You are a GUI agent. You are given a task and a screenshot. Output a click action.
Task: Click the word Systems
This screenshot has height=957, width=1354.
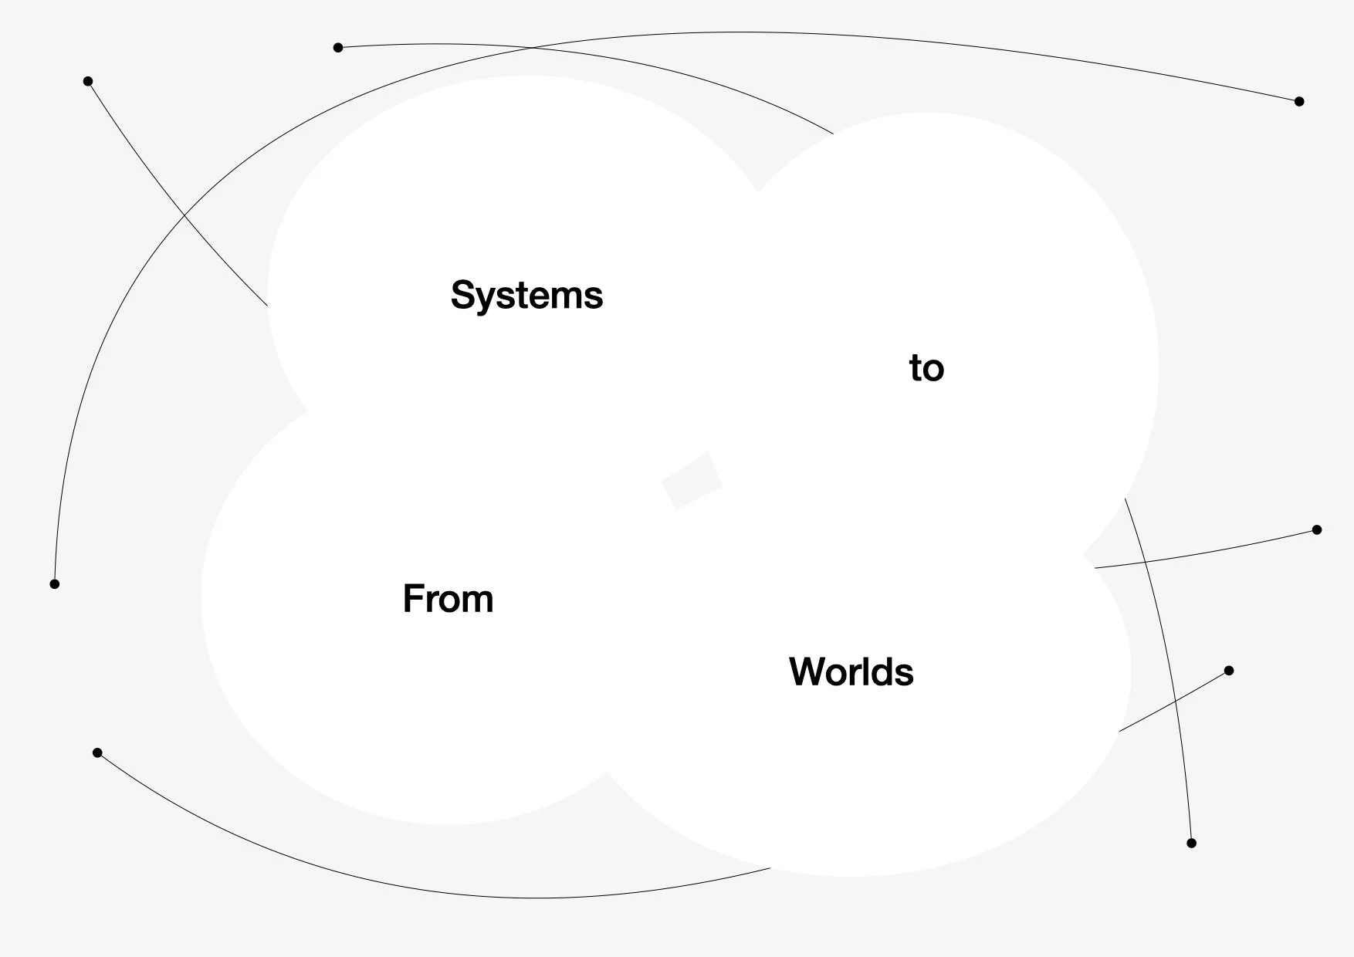[526, 296]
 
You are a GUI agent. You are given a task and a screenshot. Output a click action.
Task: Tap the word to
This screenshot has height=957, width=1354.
[926, 368]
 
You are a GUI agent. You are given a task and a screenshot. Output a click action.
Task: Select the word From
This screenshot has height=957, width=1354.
[448, 599]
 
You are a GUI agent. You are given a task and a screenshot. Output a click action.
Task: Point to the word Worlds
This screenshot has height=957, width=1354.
[851, 671]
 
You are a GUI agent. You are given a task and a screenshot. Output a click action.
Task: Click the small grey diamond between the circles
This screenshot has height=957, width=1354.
[692, 480]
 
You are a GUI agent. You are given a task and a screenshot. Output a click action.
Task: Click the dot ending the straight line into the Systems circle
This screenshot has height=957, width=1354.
[88, 81]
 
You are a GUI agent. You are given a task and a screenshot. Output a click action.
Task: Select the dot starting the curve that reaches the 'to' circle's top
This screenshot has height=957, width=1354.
[338, 48]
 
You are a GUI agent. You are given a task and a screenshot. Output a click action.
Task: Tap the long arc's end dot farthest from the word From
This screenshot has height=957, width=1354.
[1299, 101]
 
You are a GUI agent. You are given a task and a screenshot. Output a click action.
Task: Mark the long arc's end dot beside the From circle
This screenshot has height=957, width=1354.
[55, 583]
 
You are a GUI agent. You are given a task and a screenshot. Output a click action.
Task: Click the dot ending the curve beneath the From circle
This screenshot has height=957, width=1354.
[97, 752]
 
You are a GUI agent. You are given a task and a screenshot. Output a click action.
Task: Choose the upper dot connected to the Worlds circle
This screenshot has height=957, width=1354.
[1317, 529]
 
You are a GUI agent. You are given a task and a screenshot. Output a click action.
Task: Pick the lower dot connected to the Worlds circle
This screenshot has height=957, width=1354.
[1229, 671]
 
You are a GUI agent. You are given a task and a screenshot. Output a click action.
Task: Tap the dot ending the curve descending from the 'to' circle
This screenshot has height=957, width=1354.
[1191, 843]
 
